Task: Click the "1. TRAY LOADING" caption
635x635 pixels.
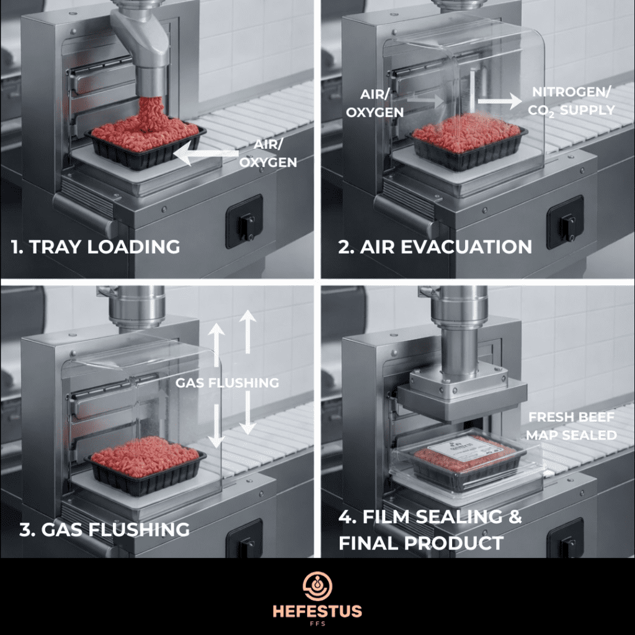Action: (x=95, y=247)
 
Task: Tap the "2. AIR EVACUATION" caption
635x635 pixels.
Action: (x=435, y=247)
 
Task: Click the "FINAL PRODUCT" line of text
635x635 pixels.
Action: (x=420, y=543)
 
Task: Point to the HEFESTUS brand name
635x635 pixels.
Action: (x=317, y=611)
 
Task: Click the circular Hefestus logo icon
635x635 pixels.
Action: (x=317, y=585)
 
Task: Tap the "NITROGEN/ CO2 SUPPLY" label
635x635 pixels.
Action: (x=571, y=101)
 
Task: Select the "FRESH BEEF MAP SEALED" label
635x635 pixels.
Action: (x=571, y=427)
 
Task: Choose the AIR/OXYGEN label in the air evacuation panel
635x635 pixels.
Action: (x=382, y=103)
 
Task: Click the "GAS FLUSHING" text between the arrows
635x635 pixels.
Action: (x=227, y=383)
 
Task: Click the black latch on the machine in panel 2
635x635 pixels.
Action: (x=565, y=221)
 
